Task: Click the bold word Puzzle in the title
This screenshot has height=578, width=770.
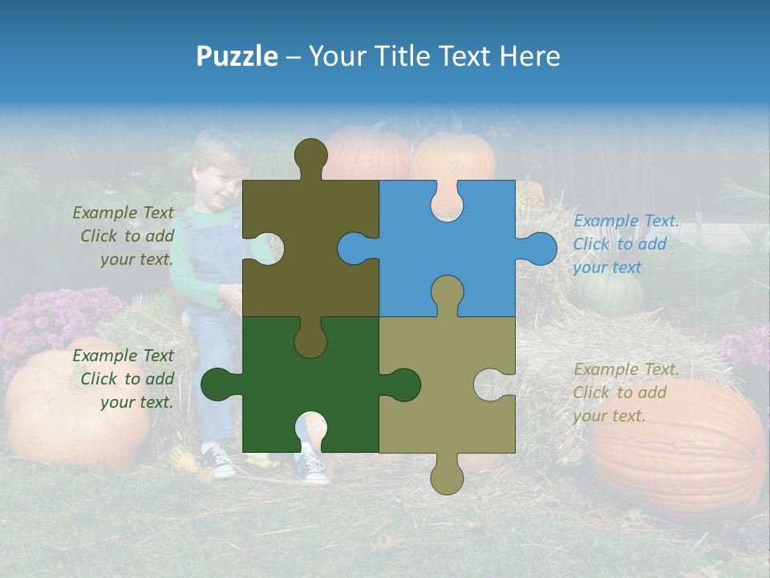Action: [x=237, y=56]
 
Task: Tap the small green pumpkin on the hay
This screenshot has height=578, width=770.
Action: [x=611, y=295]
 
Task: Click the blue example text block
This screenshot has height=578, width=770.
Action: [x=625, y=244]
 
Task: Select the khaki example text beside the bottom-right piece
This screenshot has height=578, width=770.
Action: [x=625, y=393]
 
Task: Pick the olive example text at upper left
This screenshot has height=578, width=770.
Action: [x=124, y=236]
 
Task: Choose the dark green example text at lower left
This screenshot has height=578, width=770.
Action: [x=124, y=379]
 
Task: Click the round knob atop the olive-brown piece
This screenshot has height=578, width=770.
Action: [x=310, y=155]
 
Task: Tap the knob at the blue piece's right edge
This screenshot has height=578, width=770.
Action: [x=540, y=248]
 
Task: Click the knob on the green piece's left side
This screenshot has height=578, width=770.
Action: [x=218, y=385]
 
